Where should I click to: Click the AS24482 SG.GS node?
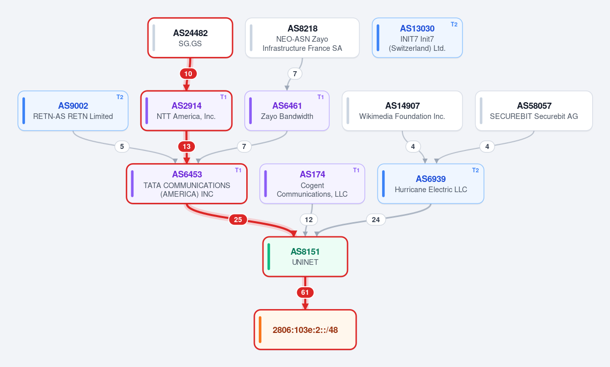(x=190, y=38)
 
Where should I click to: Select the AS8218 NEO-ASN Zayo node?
(x=302, y=38)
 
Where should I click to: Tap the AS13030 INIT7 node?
(x=417, y=38)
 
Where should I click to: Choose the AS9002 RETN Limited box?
(x=73, y=111)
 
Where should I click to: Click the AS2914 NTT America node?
(x=186, y=111)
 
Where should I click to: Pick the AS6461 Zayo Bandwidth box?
(x=287, y=111)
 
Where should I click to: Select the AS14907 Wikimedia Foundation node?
(x=402, y=111)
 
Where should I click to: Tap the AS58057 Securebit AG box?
(x=534, y=111)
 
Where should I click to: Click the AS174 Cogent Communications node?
(x=312, y=183)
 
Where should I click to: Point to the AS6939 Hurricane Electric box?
(x=430, y=183)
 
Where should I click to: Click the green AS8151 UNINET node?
(x=305, y=257)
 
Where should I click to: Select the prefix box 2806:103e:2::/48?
(x=305, y=330)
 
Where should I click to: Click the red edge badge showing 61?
(x=305, y=292)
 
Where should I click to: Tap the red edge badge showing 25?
(x=238, y=220)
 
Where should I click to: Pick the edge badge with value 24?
(x=376, y=220)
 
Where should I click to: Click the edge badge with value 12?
(x=309, y=220)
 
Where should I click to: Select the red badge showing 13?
(x=187, y=146)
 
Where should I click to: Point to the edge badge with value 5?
(x=122, y=146)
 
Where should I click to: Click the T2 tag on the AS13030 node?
(x=454, y=24)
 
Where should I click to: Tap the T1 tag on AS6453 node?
(x=238, y=170)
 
